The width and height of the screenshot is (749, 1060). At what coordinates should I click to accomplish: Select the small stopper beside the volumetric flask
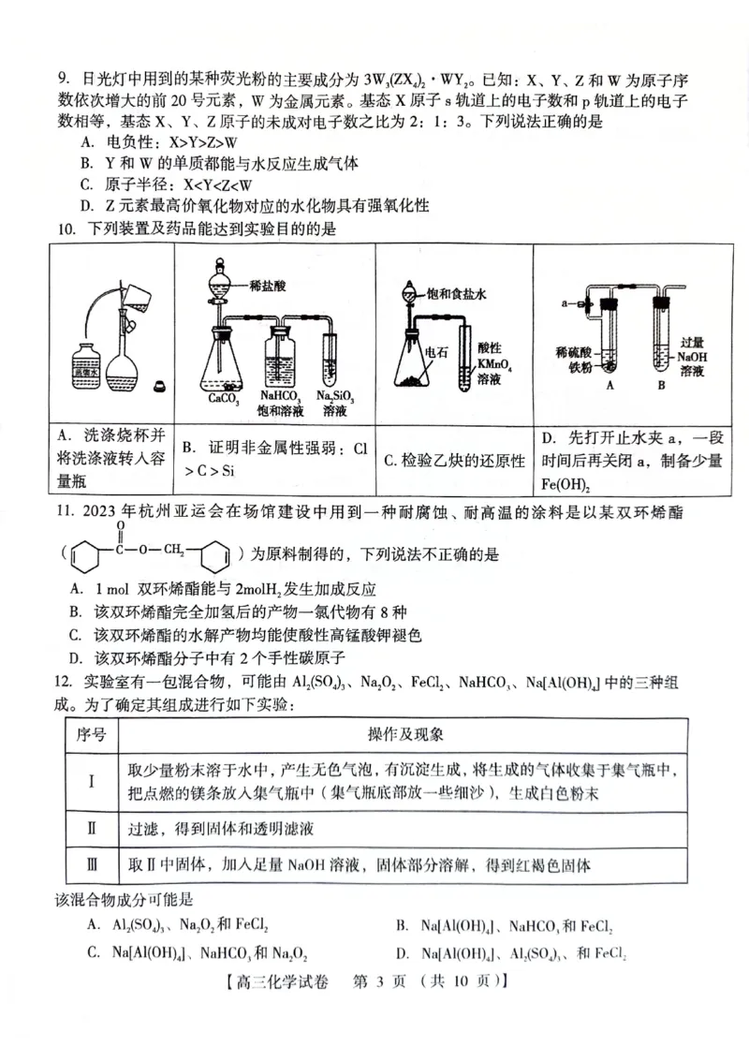[157, 384]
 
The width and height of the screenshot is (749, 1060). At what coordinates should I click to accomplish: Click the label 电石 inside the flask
[436, 352]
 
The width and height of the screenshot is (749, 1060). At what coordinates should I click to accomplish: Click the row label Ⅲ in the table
[92, 865]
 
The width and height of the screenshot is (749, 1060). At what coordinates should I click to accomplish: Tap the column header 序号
[91, 734]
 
